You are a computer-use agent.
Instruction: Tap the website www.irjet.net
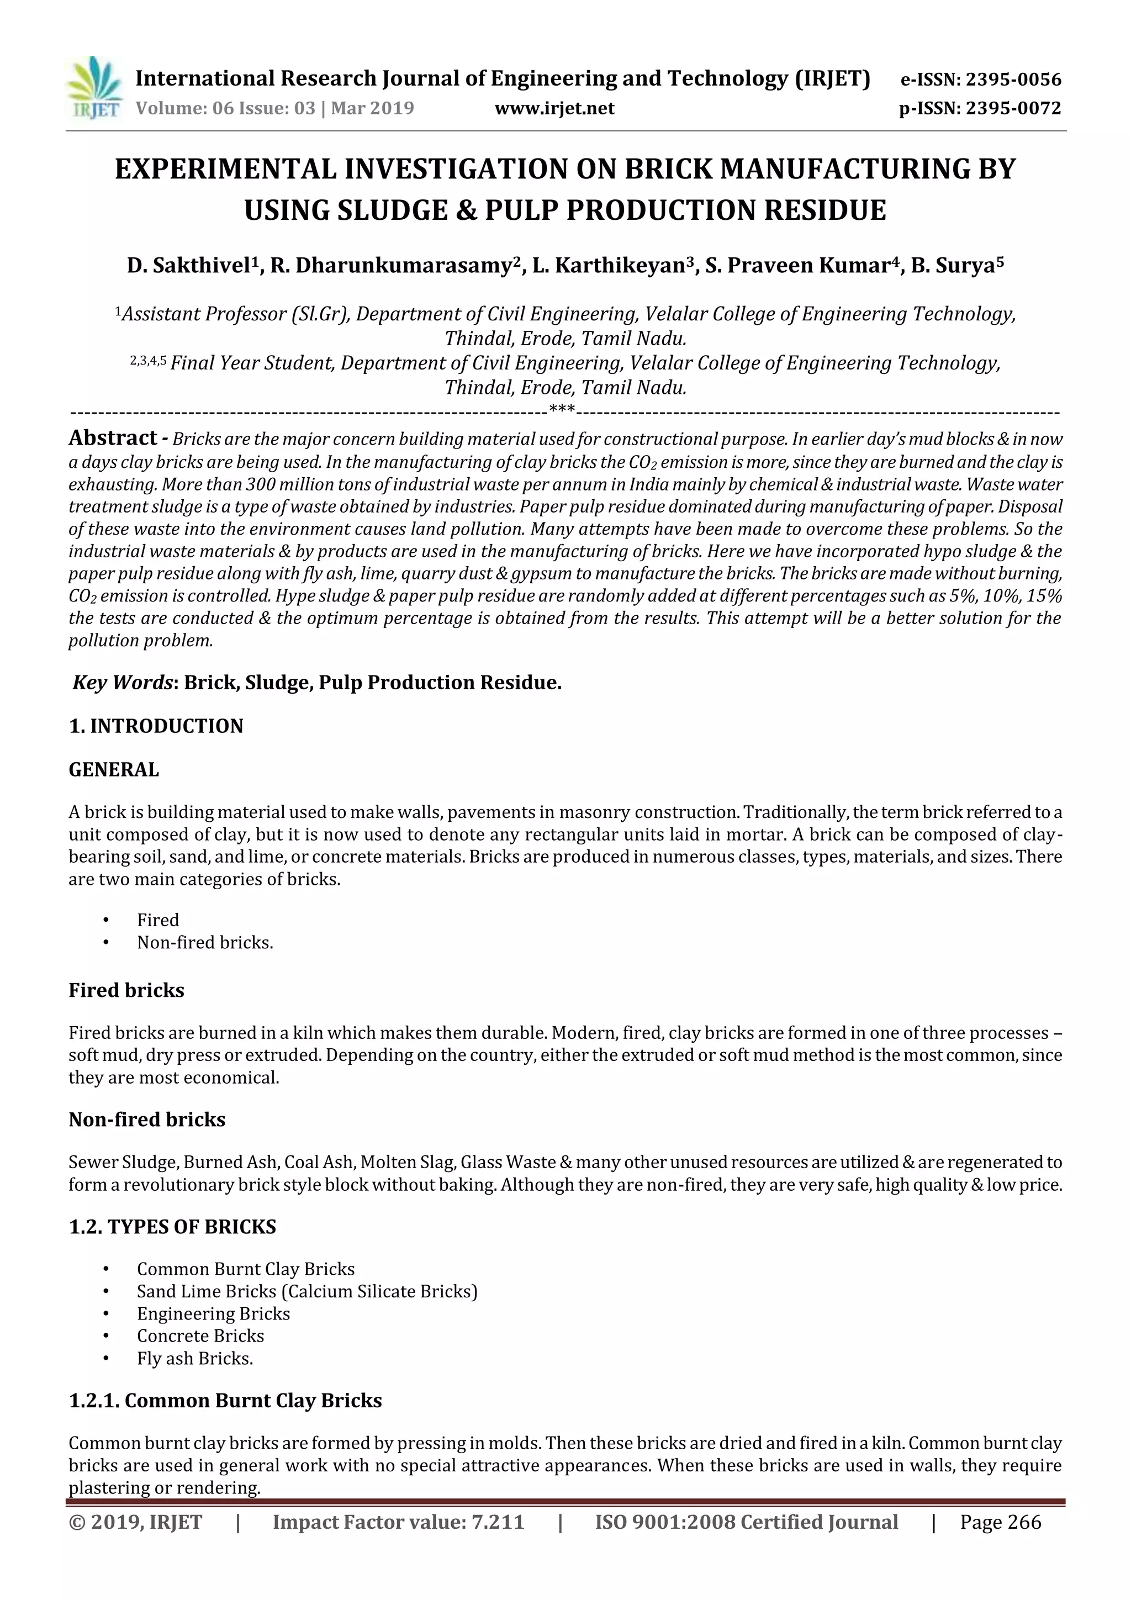pos(554,109)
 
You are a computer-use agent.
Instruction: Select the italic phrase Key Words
pos(122,682)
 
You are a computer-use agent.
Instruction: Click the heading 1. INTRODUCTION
pos(156,726)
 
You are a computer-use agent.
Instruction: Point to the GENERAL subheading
pos(114,769)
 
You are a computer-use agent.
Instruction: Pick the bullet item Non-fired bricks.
pos(205,943)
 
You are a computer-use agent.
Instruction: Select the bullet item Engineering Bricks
pos(213,1313)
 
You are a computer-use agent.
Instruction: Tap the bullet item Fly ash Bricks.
pos(194,1358)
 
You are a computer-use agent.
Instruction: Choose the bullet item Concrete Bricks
pos(200,1336)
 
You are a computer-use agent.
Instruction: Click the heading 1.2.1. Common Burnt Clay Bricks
pos(225,1401)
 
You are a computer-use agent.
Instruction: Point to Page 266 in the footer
pos(1000,1522)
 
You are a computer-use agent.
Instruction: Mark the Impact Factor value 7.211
pos(398,1522)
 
